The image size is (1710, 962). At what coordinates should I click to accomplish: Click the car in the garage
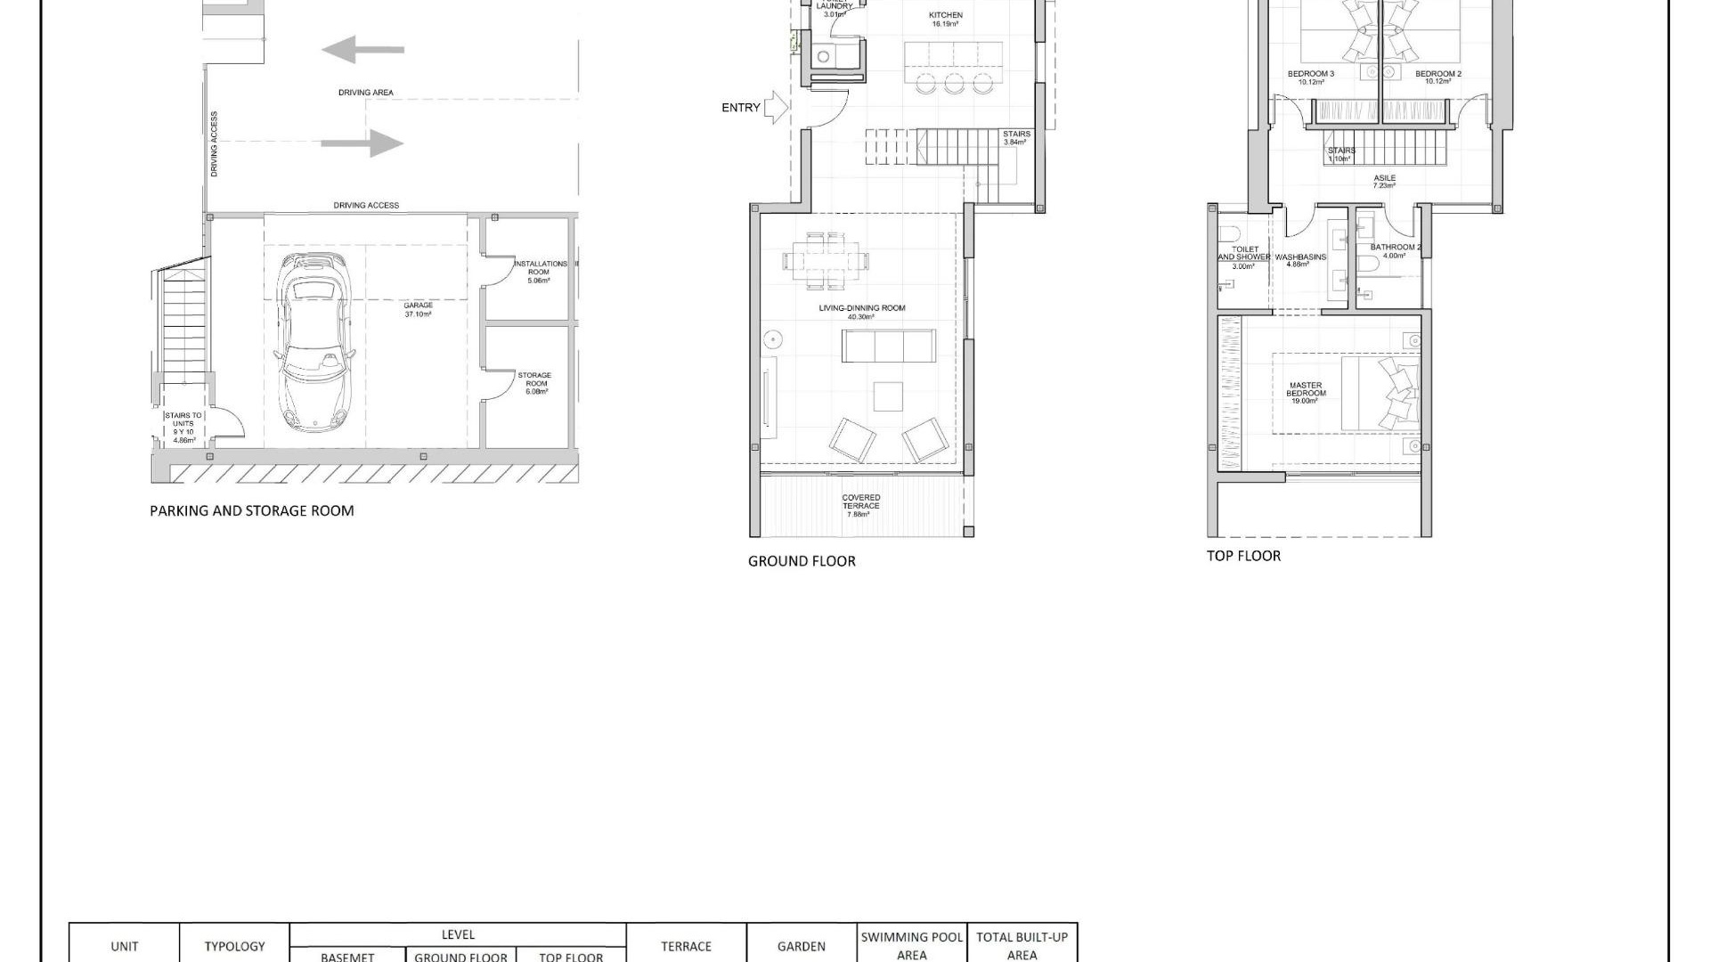[314, 343]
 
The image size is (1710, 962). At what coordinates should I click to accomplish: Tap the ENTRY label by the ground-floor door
[740, 108]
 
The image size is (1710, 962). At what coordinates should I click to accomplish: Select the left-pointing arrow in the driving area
[362, 50]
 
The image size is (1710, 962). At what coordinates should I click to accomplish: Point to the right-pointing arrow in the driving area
[362, 143]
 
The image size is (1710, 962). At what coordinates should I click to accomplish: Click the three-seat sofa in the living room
[888, 346]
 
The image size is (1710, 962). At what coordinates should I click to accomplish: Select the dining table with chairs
[825, 261]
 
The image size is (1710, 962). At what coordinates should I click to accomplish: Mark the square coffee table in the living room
[888, 396]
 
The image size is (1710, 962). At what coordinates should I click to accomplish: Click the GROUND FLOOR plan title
[802, 561]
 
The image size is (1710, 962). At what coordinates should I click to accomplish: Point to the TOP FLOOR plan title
[1243, 556]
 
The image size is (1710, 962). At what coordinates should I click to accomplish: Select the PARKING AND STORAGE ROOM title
[252, 510]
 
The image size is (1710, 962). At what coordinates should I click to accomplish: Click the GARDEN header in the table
[801, 947]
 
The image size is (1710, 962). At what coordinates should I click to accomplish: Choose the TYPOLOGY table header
[234, 947]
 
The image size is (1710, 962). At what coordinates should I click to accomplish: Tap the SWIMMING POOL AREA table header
[912, 946]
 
